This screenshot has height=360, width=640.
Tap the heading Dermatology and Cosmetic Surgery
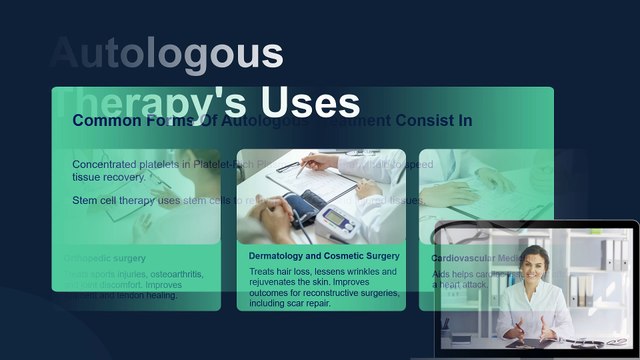[323, 256]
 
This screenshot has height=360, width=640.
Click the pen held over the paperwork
[303, 164]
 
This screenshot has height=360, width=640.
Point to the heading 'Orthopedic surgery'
[105, 258]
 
